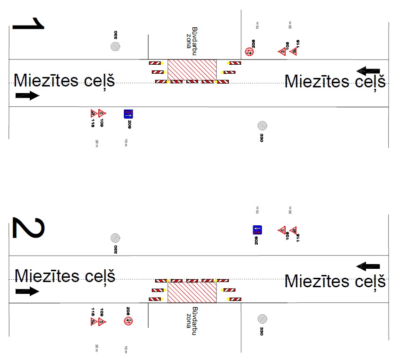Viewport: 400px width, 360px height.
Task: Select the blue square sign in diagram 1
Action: point(129,114)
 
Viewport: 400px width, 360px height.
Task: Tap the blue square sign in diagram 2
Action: point(257,230)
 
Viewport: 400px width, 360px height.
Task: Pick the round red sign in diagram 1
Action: point(249,51)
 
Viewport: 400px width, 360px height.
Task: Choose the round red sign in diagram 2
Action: point(128,321)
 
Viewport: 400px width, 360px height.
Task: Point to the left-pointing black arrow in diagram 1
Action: point(368,71)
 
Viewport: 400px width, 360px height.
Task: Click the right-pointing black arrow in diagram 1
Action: point(27,96)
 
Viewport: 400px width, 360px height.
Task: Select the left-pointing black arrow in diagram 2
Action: point(368,266)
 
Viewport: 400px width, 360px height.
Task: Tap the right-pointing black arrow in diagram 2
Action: point(27,291)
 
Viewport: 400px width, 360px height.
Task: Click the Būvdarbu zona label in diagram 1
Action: point(192,37)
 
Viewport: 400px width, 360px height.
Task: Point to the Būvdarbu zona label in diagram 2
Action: point(191,323)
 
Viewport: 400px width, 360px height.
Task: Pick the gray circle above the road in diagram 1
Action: point(115,46)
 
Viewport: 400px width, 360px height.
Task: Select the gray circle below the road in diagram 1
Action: point(262,126)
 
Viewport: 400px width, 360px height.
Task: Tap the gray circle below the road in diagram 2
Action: point(262,319)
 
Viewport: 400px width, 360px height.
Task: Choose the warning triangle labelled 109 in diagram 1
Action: point(102,113)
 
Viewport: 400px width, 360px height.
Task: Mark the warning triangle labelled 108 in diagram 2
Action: point(282,231)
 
